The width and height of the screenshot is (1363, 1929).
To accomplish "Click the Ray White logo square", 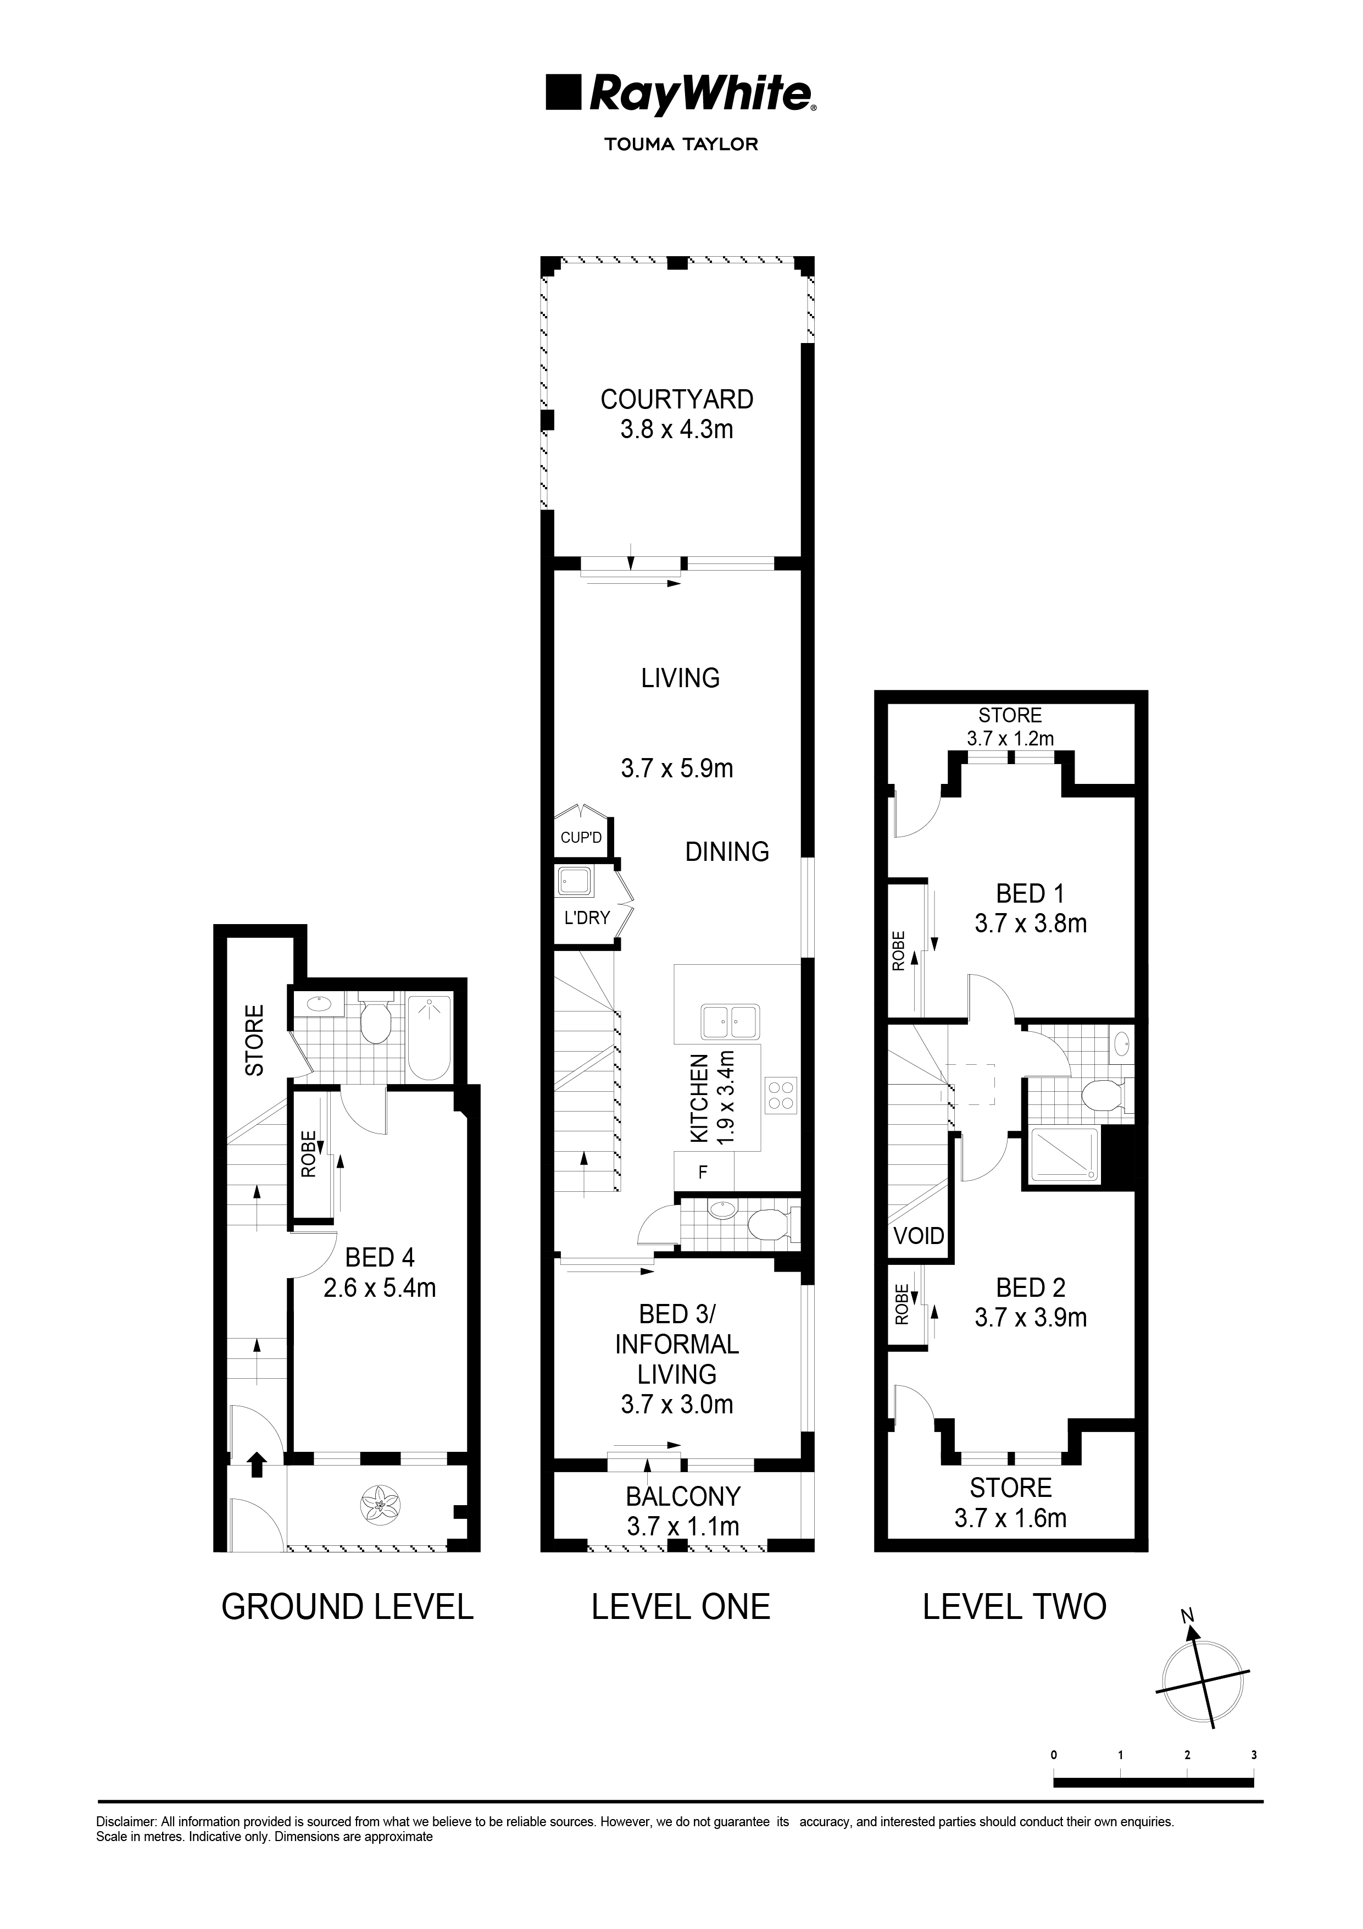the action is pyautogui.click(x=564, y=92).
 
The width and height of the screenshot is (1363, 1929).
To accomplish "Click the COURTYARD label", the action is pyautogui.click(x=677, y=399).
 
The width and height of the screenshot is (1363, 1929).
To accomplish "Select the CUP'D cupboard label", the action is pyautogui.click(x=581, y=838).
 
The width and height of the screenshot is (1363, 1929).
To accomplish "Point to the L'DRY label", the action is pyautogui.click(x=586, y=917).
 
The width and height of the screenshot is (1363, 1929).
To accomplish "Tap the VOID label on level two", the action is pyautogui.click(x=919, y=1236).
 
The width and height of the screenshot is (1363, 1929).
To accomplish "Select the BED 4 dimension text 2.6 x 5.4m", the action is pyautogui.click(x=380, y=1288).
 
